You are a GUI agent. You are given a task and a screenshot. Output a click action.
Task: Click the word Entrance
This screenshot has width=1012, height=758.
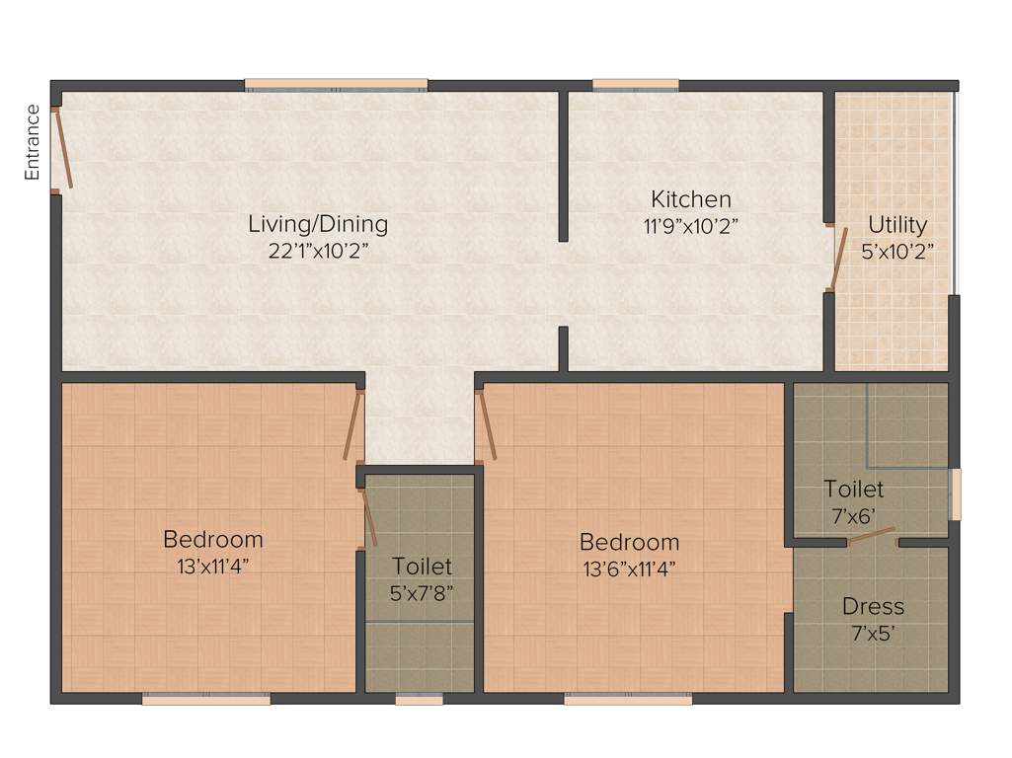pyautogui.click(x=33, y=142)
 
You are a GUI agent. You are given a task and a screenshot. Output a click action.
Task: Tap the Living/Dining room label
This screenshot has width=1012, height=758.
pyautogui.click(x=318, y=224)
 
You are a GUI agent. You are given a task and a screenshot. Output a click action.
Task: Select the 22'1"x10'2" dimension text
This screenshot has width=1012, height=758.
pyautogui.click(x=318, y=250)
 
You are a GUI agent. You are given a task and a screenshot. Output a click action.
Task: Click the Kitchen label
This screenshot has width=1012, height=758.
pyautogui.click(x=691, y=199)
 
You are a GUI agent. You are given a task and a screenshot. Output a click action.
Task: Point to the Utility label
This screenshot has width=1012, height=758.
pyautogui.click(x=897, y=224)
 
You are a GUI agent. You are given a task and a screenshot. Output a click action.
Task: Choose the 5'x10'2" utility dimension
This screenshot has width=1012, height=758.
pyautogui.click(x=897, y=250)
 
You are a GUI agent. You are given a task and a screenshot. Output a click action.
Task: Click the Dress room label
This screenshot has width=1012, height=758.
pyautogui.click(x=873, y=606)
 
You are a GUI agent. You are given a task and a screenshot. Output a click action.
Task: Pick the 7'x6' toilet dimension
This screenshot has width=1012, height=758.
pyautogui.click(x=854, y=514)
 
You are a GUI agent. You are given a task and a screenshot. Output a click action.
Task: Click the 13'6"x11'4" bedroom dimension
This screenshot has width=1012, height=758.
pyautogui.click(x=629, y=568)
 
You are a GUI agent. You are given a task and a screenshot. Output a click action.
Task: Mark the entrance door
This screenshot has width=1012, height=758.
pyautogui.click(x=61, y=148)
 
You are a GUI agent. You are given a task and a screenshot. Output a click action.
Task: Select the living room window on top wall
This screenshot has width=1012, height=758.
pyautogui.click(x=336, y=85)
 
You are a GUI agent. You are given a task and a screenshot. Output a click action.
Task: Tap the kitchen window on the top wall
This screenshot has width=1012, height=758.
pyautogui.click(x=636, y=85)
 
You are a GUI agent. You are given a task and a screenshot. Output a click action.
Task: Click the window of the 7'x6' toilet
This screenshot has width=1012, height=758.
pyautogui.click(x=954, y=493)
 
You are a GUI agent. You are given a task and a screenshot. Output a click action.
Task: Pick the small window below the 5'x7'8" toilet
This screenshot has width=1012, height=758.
pyautogui.click(x=420, y=700)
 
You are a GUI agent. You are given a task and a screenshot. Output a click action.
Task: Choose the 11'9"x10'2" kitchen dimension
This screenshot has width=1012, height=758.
pyautogui.click(x=691, y=225)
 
